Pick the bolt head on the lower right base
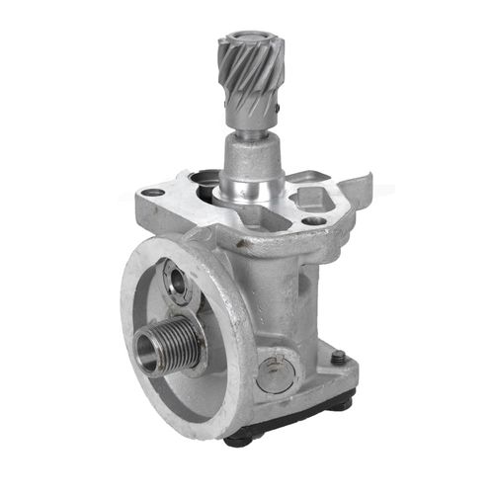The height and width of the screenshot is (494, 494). point(338,358)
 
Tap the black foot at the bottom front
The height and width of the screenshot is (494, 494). point(242,439)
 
